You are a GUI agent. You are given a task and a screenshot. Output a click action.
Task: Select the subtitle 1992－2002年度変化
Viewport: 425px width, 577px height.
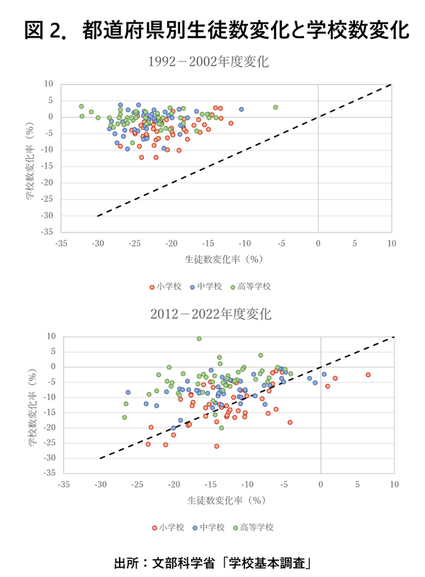pos(212,62)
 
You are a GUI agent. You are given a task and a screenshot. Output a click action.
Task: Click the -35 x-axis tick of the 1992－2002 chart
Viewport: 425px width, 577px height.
pos(62,243)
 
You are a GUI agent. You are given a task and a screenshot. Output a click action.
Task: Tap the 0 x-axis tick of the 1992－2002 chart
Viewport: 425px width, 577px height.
pos(318,243)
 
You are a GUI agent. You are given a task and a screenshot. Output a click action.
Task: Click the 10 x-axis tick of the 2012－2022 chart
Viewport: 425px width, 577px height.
pos(393,485)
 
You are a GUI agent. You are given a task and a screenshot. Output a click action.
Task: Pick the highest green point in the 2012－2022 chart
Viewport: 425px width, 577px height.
pos(199,339)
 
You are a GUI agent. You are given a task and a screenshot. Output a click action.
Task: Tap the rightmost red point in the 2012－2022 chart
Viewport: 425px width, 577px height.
pos(368,374)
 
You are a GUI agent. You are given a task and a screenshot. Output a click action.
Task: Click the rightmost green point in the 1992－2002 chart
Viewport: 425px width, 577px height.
pos(276,108)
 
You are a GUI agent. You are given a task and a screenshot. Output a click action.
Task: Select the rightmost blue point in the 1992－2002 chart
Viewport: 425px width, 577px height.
pos(241,110)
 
